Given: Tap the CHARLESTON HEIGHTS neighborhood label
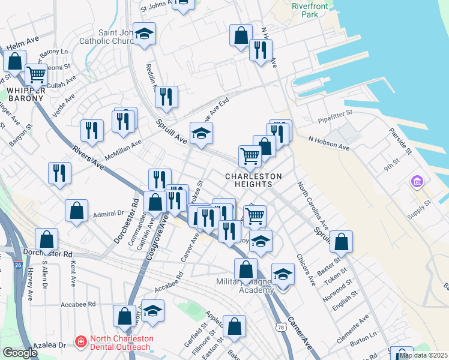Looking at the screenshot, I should (x=253, y=180).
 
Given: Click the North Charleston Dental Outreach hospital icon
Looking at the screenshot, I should (x=80, y=342).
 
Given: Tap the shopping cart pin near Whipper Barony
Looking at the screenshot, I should (x=36, y=75).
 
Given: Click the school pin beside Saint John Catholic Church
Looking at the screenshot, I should (x=144, y=35).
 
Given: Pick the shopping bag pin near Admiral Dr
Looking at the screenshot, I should (x=76, y=211).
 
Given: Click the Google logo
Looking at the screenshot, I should (x=20, y=353).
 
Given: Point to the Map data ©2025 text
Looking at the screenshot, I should (x=423, y=355).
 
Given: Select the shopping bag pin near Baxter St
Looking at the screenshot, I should (x=341, y=242).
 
